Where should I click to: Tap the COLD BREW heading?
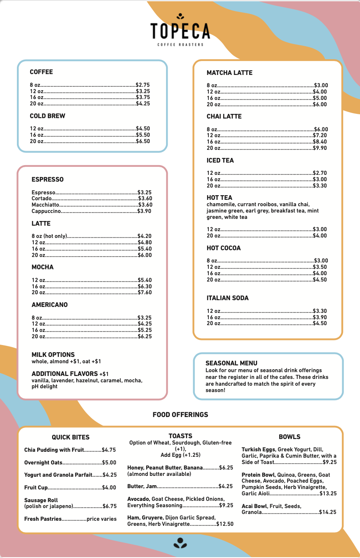pos(47,116)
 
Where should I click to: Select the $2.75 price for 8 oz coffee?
pos(143,85)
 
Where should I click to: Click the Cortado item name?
pos(42,198)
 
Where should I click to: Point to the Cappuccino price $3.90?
pos(144,211)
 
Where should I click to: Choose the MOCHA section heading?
pos(42,267)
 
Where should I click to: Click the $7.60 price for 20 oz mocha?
pos(145,293)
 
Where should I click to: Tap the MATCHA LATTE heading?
pos(229,73)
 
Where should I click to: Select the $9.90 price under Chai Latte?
pos(320,148)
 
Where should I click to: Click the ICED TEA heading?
pos(220,160)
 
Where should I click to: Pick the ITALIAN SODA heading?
pos(227,298)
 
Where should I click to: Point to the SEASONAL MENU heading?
pos(231,363)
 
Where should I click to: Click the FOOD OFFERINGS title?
pos(180,415)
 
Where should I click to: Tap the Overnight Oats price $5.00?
pos(109,463)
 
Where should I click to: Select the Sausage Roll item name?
pos(41,500)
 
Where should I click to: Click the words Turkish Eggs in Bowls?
pos(258,450)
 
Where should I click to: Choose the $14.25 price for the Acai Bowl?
pos(327,512)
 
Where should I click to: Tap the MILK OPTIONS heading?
pos(53,355)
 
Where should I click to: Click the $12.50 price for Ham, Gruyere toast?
pos(224,524)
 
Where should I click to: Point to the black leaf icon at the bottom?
pos(180,543)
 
